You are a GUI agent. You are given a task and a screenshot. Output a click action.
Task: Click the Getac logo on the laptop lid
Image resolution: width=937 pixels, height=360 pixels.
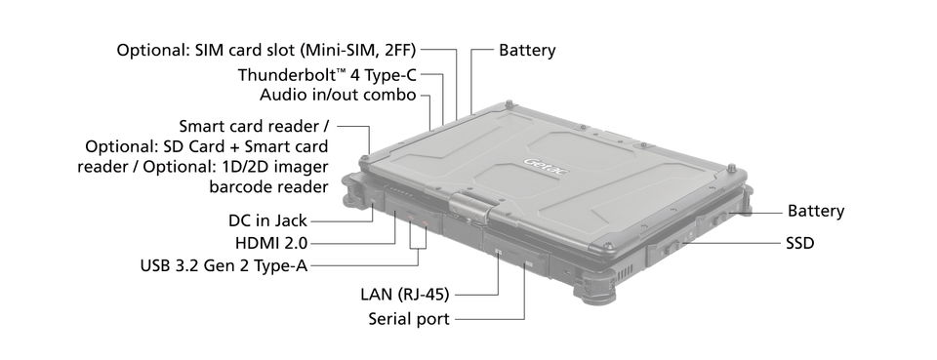point(547,167)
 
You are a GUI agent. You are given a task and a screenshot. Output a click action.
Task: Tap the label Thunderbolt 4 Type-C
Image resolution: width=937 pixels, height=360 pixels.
point(328,75)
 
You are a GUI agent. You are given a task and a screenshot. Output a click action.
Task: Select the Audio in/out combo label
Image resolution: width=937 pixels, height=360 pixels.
point(338,95)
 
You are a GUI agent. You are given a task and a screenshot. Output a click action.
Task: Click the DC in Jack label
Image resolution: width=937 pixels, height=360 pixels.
point(267,220)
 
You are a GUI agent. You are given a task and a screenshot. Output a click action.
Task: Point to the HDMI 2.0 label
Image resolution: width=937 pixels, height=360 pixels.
point(271,243)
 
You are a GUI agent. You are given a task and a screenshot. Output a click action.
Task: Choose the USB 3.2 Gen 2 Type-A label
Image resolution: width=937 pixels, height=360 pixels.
point(224,265)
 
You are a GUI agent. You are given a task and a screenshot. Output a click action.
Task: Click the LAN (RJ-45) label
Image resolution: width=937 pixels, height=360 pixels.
point(404,294)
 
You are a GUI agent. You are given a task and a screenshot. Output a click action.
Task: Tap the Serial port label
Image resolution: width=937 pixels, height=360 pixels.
point(409,319)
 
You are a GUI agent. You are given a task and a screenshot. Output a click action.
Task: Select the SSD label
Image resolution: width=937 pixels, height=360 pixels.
point(800,243)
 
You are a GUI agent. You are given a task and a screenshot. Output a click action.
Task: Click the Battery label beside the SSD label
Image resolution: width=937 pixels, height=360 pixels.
point(816,211)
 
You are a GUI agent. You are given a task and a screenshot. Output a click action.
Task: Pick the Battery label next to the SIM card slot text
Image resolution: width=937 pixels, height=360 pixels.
point(527,50)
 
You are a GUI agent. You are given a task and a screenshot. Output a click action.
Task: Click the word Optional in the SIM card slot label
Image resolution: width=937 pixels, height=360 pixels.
point(153,50)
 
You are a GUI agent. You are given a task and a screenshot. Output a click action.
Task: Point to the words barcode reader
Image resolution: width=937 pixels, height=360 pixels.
point(268,186)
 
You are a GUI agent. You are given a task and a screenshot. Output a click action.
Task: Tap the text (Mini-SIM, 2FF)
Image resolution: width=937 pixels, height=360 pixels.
point(358,50)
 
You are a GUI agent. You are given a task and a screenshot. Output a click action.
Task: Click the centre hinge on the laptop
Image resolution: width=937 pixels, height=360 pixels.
point(469,205)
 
